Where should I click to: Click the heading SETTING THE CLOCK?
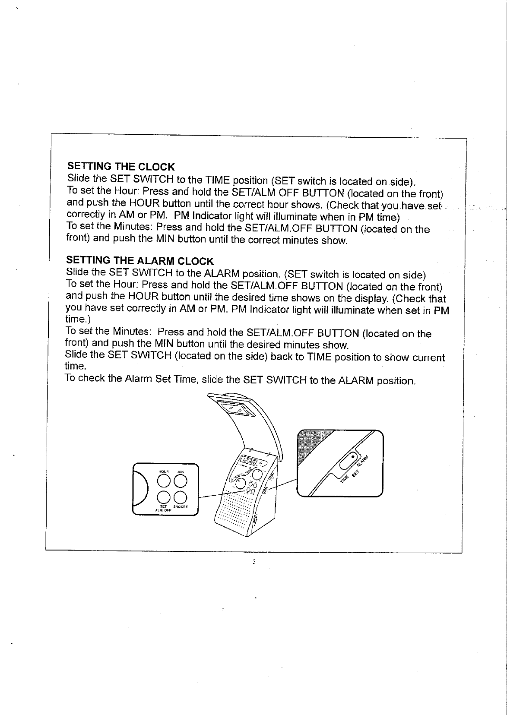[x=121, y=167]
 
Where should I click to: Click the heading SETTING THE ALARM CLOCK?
[x=139, y=261]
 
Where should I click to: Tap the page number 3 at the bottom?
[x=254, y=562]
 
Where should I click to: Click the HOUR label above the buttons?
[x=164, y=471]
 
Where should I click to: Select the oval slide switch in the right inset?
[x=350, y=462]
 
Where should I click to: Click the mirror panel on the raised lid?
[x=235, y=408]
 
